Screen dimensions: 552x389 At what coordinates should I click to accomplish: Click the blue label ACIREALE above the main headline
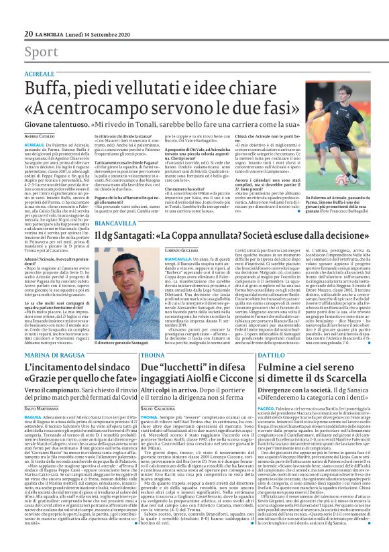click(39, 73)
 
